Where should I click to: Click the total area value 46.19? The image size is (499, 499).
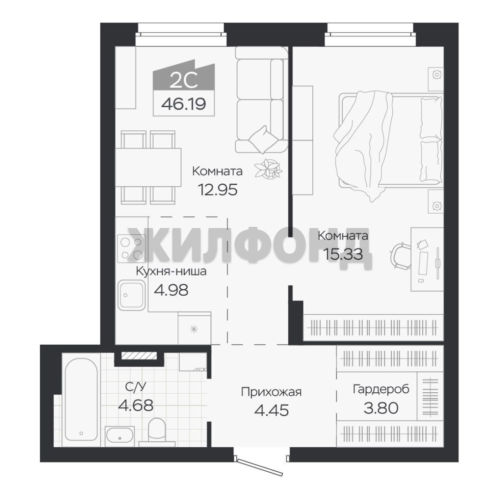[183, 104]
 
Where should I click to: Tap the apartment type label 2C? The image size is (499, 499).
[183, 80]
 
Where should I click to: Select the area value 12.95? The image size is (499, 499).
[218, 190]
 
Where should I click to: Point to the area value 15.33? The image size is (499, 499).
[343, 254]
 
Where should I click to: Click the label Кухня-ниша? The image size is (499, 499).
[171, 272]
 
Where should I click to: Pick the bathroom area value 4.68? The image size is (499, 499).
[135, 406]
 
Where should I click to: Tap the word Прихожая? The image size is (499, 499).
[271, 392]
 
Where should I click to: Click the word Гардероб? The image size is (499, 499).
[381, 389]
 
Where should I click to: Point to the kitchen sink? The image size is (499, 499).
[132, 295]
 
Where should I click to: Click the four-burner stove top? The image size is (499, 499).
[132, 248]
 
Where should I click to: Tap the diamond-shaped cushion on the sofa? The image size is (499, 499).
[263, 139]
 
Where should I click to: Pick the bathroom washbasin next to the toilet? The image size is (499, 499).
[120, 435]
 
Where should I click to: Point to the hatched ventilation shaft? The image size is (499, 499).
[139, 356]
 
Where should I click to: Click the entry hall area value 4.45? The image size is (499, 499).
[272, 411]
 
